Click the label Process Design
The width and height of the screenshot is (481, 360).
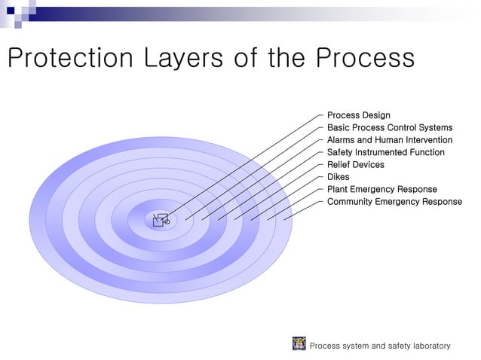358,115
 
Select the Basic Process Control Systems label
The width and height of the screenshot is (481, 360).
389,127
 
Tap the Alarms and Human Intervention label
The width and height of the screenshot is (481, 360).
389,140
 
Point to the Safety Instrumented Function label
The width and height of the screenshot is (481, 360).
385,152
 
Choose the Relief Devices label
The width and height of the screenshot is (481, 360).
355,164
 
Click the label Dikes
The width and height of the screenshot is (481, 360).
338,177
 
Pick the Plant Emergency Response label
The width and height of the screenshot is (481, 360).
381,189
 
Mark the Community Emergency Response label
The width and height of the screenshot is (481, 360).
394,202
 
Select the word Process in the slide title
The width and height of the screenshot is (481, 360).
365,58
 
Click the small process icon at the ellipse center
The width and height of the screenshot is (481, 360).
161,220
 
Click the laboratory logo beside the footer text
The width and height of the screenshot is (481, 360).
299,344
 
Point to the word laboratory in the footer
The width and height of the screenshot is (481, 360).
429,346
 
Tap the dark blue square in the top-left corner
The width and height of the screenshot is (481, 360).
10,10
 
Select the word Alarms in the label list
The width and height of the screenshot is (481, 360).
342,140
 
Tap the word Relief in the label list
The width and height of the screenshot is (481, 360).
339,164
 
